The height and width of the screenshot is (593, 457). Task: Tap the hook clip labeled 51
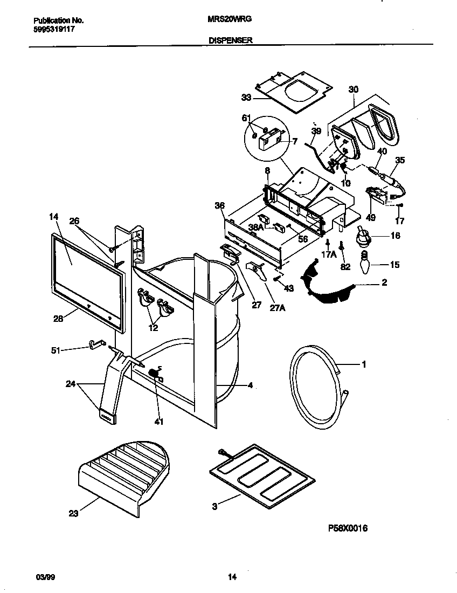96,344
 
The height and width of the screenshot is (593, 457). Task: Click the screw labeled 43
276,279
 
